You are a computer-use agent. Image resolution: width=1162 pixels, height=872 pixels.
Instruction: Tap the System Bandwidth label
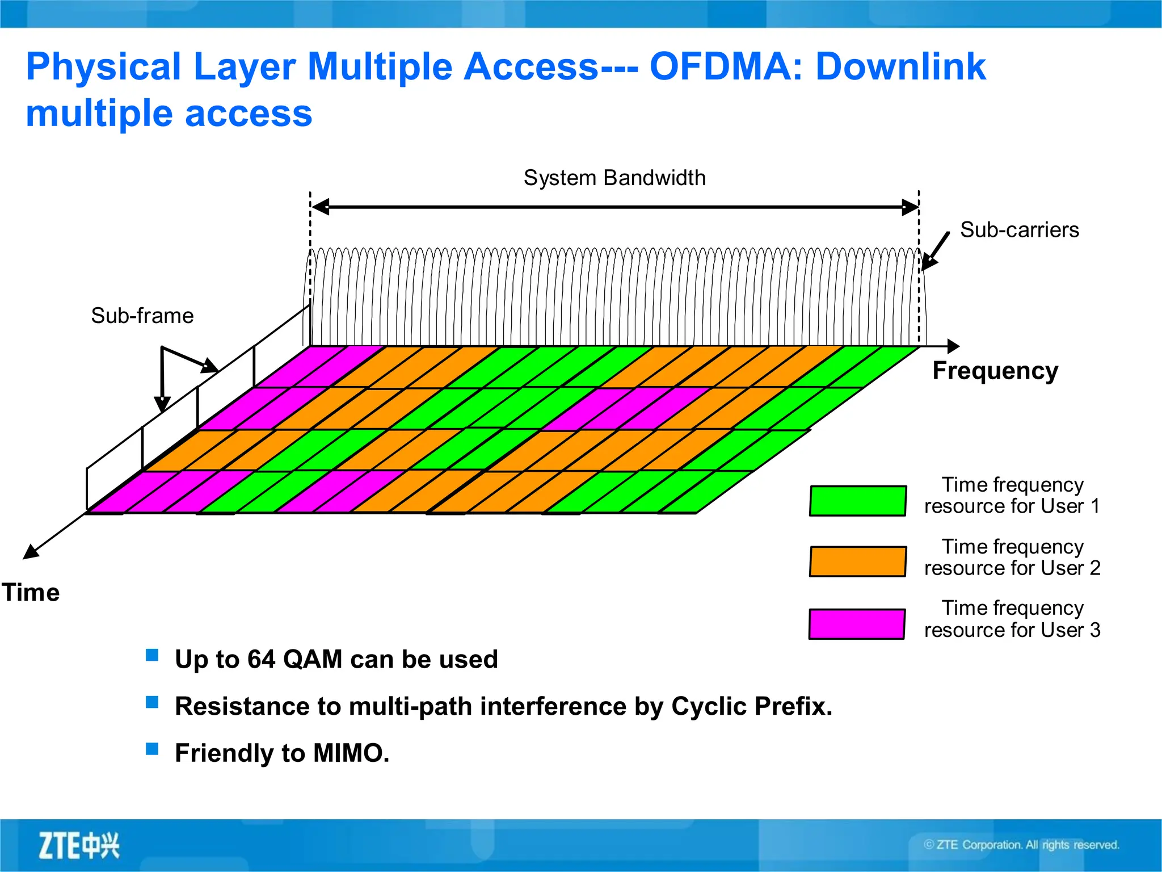(614, 178)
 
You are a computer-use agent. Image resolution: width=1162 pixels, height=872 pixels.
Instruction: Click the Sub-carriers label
(1019, 230)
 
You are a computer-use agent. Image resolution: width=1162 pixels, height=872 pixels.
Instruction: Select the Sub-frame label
(142, 316)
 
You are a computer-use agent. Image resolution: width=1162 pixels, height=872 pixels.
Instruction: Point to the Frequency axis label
(995, 371)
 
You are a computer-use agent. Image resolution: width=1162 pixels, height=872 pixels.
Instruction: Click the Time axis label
(31, 593)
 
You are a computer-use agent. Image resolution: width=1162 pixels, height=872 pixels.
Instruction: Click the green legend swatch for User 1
(857, 501)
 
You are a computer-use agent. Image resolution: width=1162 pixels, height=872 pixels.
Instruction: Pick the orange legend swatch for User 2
(857, 561)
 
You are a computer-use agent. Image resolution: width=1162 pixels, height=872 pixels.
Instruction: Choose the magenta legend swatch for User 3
(857, 624)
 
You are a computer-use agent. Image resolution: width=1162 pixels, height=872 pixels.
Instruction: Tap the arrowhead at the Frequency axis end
(953, 346)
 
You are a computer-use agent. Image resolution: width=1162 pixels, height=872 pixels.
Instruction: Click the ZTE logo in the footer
(79, 845)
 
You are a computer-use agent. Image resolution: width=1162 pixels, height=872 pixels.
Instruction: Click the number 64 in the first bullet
(261, 660)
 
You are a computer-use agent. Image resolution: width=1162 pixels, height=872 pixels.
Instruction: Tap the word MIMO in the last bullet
(351, 753)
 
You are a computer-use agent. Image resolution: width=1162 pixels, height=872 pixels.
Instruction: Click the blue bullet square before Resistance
(152, 703)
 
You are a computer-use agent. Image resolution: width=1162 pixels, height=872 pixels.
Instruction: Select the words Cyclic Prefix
(751, 707)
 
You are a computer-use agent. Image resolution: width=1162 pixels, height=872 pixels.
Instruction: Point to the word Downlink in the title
(900, 67)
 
